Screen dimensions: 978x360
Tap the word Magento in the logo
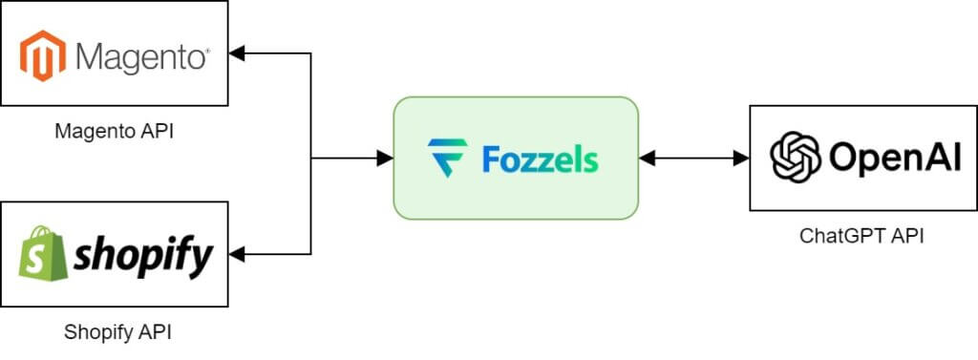[x=140, y=57]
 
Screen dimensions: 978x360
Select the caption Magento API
[x=114, y=131]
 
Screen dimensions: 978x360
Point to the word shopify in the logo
[x=143, y=255]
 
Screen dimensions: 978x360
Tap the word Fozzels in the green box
[x=540, y=159]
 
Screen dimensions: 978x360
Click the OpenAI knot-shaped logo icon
[x=796, y=158]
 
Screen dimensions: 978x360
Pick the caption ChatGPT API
[x=861, y=236]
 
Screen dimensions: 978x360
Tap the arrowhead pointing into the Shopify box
[x=237, y=254]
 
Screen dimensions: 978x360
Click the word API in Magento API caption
[x=157, y=131]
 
